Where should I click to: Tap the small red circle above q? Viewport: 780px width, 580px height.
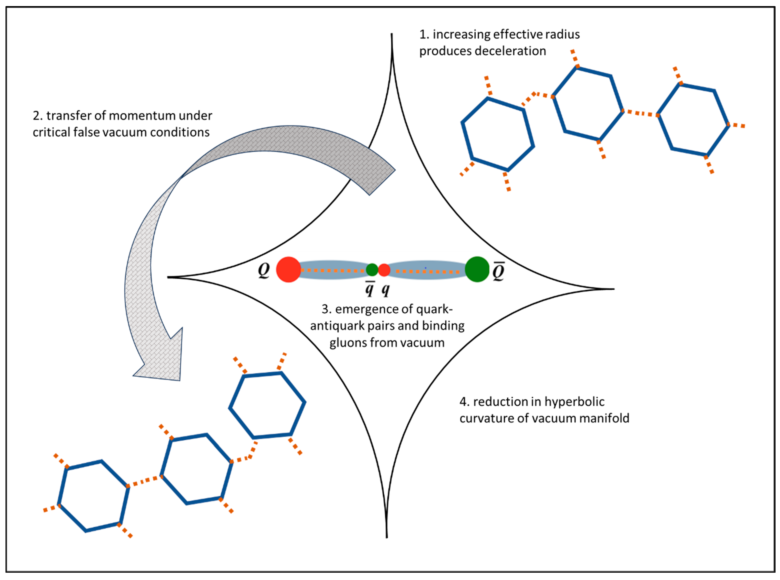coord(384,270)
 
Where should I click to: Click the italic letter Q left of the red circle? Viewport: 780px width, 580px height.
coord(264,270)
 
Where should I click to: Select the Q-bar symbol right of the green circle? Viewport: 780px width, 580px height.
coord(498,271)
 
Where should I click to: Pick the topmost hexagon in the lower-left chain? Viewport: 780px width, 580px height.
coord(267,406)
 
